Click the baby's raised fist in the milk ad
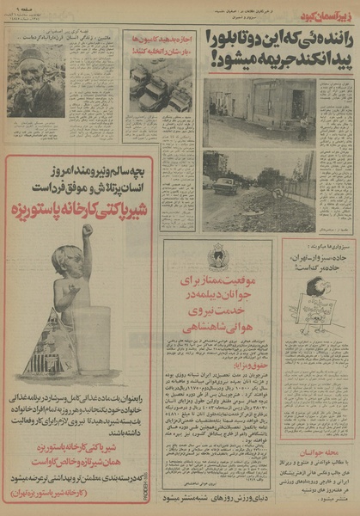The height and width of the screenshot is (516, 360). coord(86,232)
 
